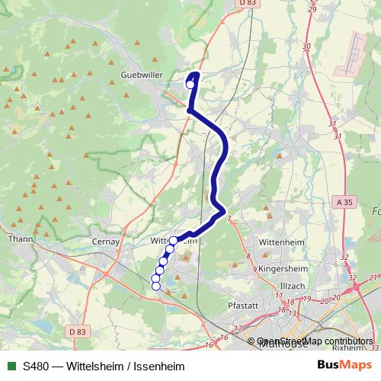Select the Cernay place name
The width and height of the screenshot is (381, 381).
pos(107,242)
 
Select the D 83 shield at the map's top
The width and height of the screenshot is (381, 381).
pos(247,4)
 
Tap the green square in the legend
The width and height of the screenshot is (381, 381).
pos(11,367)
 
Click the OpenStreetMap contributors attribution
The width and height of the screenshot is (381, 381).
pos(315,341)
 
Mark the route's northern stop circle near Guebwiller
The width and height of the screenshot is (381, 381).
pos(190,85)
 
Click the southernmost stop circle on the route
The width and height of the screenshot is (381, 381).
pos(156,286)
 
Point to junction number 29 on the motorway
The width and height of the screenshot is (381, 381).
pos(311,9)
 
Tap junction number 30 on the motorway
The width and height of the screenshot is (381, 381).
pos(307,47)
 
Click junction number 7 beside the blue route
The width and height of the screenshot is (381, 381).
pos(229,219)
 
